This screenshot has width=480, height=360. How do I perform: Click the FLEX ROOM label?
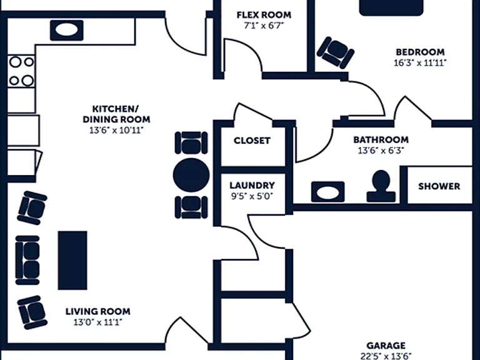coord(264,15)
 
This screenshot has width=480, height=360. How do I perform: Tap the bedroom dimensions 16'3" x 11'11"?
coord(420,62)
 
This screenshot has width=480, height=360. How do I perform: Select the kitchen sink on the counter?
coord(67,30)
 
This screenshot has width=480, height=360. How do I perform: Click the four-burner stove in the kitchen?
coord(21,71)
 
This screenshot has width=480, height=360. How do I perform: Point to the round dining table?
coord(191,175)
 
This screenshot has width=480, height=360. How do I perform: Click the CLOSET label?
coord(252,141)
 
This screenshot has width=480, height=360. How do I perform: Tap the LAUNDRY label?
coord(252,185)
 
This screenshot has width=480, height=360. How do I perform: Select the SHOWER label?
coord(439,186)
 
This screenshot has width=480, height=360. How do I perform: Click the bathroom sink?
coord(328,192)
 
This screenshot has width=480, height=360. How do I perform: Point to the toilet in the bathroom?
coord(381,186)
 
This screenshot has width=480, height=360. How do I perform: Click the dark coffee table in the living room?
coord(72,260)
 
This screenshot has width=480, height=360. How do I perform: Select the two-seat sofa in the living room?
coord(27,260)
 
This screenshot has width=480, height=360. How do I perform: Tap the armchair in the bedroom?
coord(336,52)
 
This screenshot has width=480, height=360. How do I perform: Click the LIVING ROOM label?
coord(98,311)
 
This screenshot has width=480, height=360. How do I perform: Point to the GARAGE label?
coord(386,346)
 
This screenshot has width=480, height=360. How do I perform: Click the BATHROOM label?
coord(381,139)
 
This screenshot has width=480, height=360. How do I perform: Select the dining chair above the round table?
coord(191,142)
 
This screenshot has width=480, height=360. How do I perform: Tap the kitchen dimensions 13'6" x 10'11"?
coord(116,131)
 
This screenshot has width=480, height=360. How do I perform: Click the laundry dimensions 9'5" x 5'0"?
coord(252,196)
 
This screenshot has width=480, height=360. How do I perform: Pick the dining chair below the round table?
coord(191,207)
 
